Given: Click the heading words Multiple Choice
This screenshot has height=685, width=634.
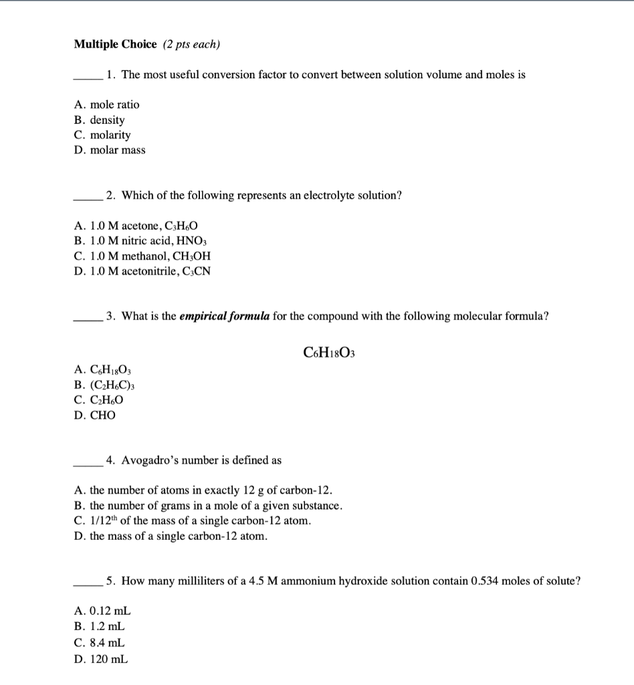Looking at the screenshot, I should (115, 45).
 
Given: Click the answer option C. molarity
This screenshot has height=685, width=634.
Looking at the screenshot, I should (102, 135).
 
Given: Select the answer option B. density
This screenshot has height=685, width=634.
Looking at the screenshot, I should (99, 120).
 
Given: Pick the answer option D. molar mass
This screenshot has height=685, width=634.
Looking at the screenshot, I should (110, 150).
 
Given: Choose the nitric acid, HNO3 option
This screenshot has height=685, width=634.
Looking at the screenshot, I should (142, 241).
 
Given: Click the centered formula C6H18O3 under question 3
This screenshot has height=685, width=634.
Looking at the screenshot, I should (328, 352).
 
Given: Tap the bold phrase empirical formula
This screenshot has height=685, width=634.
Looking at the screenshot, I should (225, 316).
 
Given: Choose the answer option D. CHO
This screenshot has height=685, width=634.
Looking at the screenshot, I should (94, 415).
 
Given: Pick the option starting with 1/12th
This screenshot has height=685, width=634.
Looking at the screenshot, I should (193, 520).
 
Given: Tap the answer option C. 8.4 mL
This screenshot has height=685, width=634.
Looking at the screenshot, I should (100, 644).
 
